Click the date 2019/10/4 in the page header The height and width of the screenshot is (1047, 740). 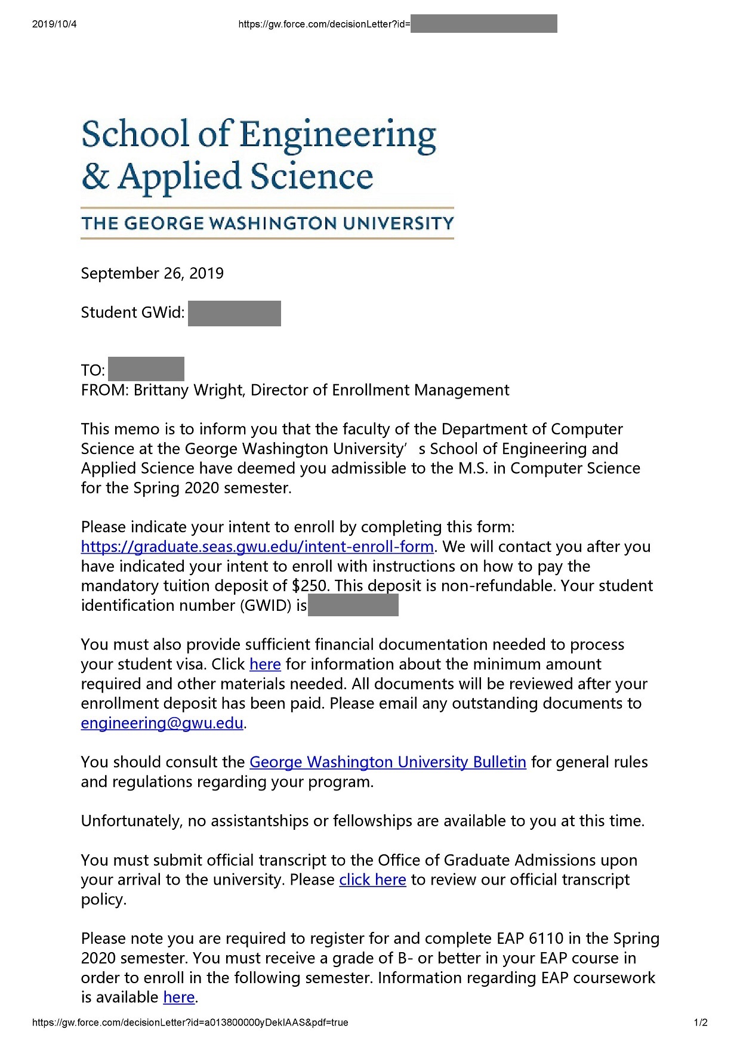54,24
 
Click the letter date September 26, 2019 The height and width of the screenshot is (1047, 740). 152,273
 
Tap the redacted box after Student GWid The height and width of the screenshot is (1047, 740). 234,313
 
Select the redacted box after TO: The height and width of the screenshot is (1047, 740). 146,369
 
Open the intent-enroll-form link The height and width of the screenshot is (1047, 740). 257,547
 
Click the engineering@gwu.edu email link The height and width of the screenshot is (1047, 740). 162,723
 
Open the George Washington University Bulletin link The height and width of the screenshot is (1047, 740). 387,762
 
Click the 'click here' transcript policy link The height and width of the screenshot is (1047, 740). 372,880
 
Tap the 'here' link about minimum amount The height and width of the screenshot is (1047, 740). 265,665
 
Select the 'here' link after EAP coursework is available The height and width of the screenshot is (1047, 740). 179,997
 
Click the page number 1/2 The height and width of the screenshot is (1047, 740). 701,1023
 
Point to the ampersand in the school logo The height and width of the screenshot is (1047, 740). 95,177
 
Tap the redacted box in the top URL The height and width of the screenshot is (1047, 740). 483,24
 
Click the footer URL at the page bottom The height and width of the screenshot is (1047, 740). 190,1023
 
